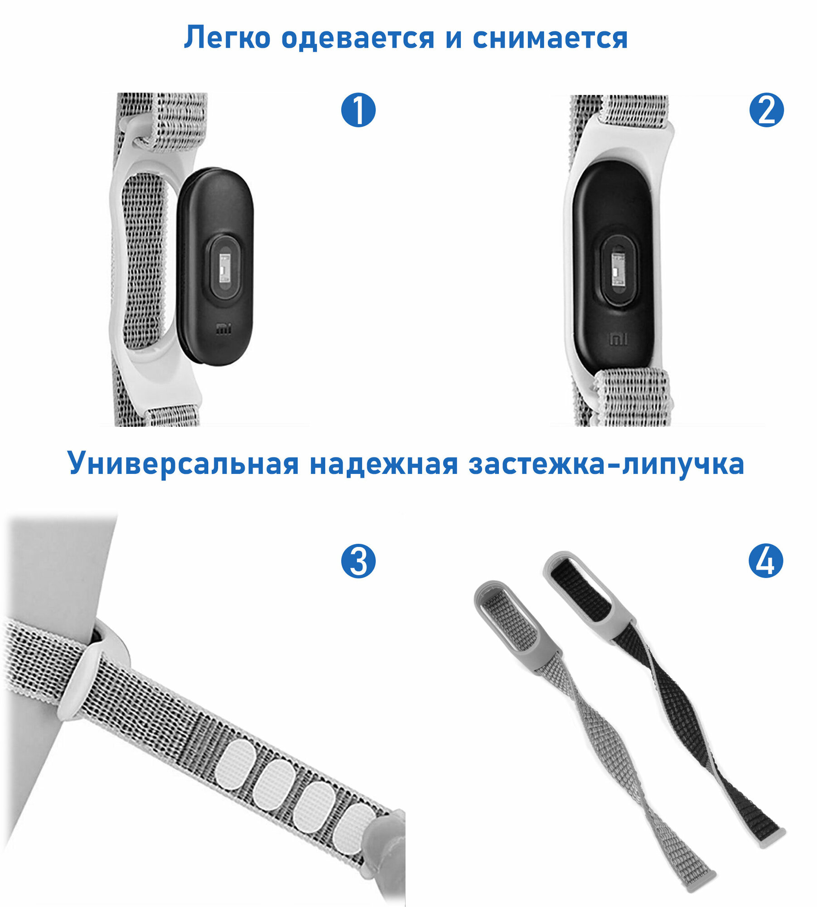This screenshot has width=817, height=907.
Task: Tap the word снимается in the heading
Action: [550, 38]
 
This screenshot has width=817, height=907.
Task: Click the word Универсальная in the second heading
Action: [183, 463]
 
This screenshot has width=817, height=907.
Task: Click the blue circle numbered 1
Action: [358, 110]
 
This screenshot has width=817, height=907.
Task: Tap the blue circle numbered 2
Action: [766, 110]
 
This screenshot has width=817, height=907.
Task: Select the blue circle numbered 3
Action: [358, 561]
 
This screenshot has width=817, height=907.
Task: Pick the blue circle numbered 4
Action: [766, 561]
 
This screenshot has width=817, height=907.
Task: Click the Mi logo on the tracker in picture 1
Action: [224, 329]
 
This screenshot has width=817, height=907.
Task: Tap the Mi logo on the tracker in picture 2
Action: [618, 338]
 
